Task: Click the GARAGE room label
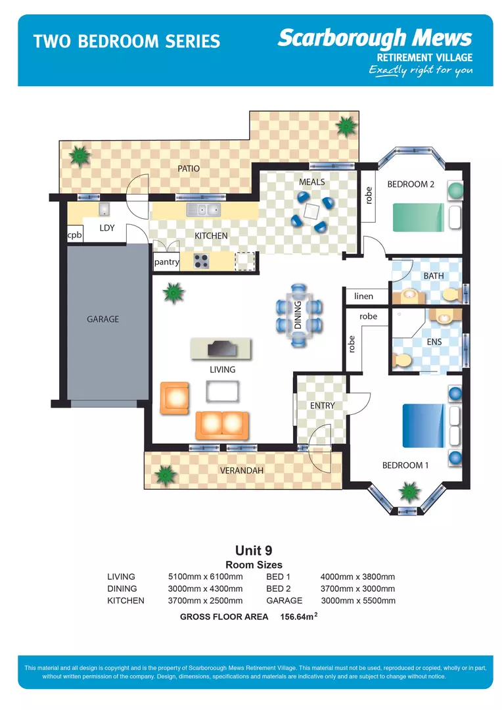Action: pos(103,319)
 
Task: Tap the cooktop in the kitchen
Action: pos(201,261)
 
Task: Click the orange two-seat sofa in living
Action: pos(221,425)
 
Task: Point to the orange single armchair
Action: pos(175,398)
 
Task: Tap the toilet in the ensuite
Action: pos(401,360)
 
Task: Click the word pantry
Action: pos(166,262)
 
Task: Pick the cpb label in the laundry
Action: pos(74,235)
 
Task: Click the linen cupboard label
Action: pos(363,296)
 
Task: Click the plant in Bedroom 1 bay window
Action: pos(409,490)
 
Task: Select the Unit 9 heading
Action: pos(254,550)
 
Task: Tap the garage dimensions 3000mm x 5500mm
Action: pos(358,600)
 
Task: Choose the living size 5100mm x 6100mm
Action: pos(206,577)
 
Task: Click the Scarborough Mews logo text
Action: pos(375,38)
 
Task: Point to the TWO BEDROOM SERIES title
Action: pos(127,42)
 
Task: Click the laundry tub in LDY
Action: pos(104,209)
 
